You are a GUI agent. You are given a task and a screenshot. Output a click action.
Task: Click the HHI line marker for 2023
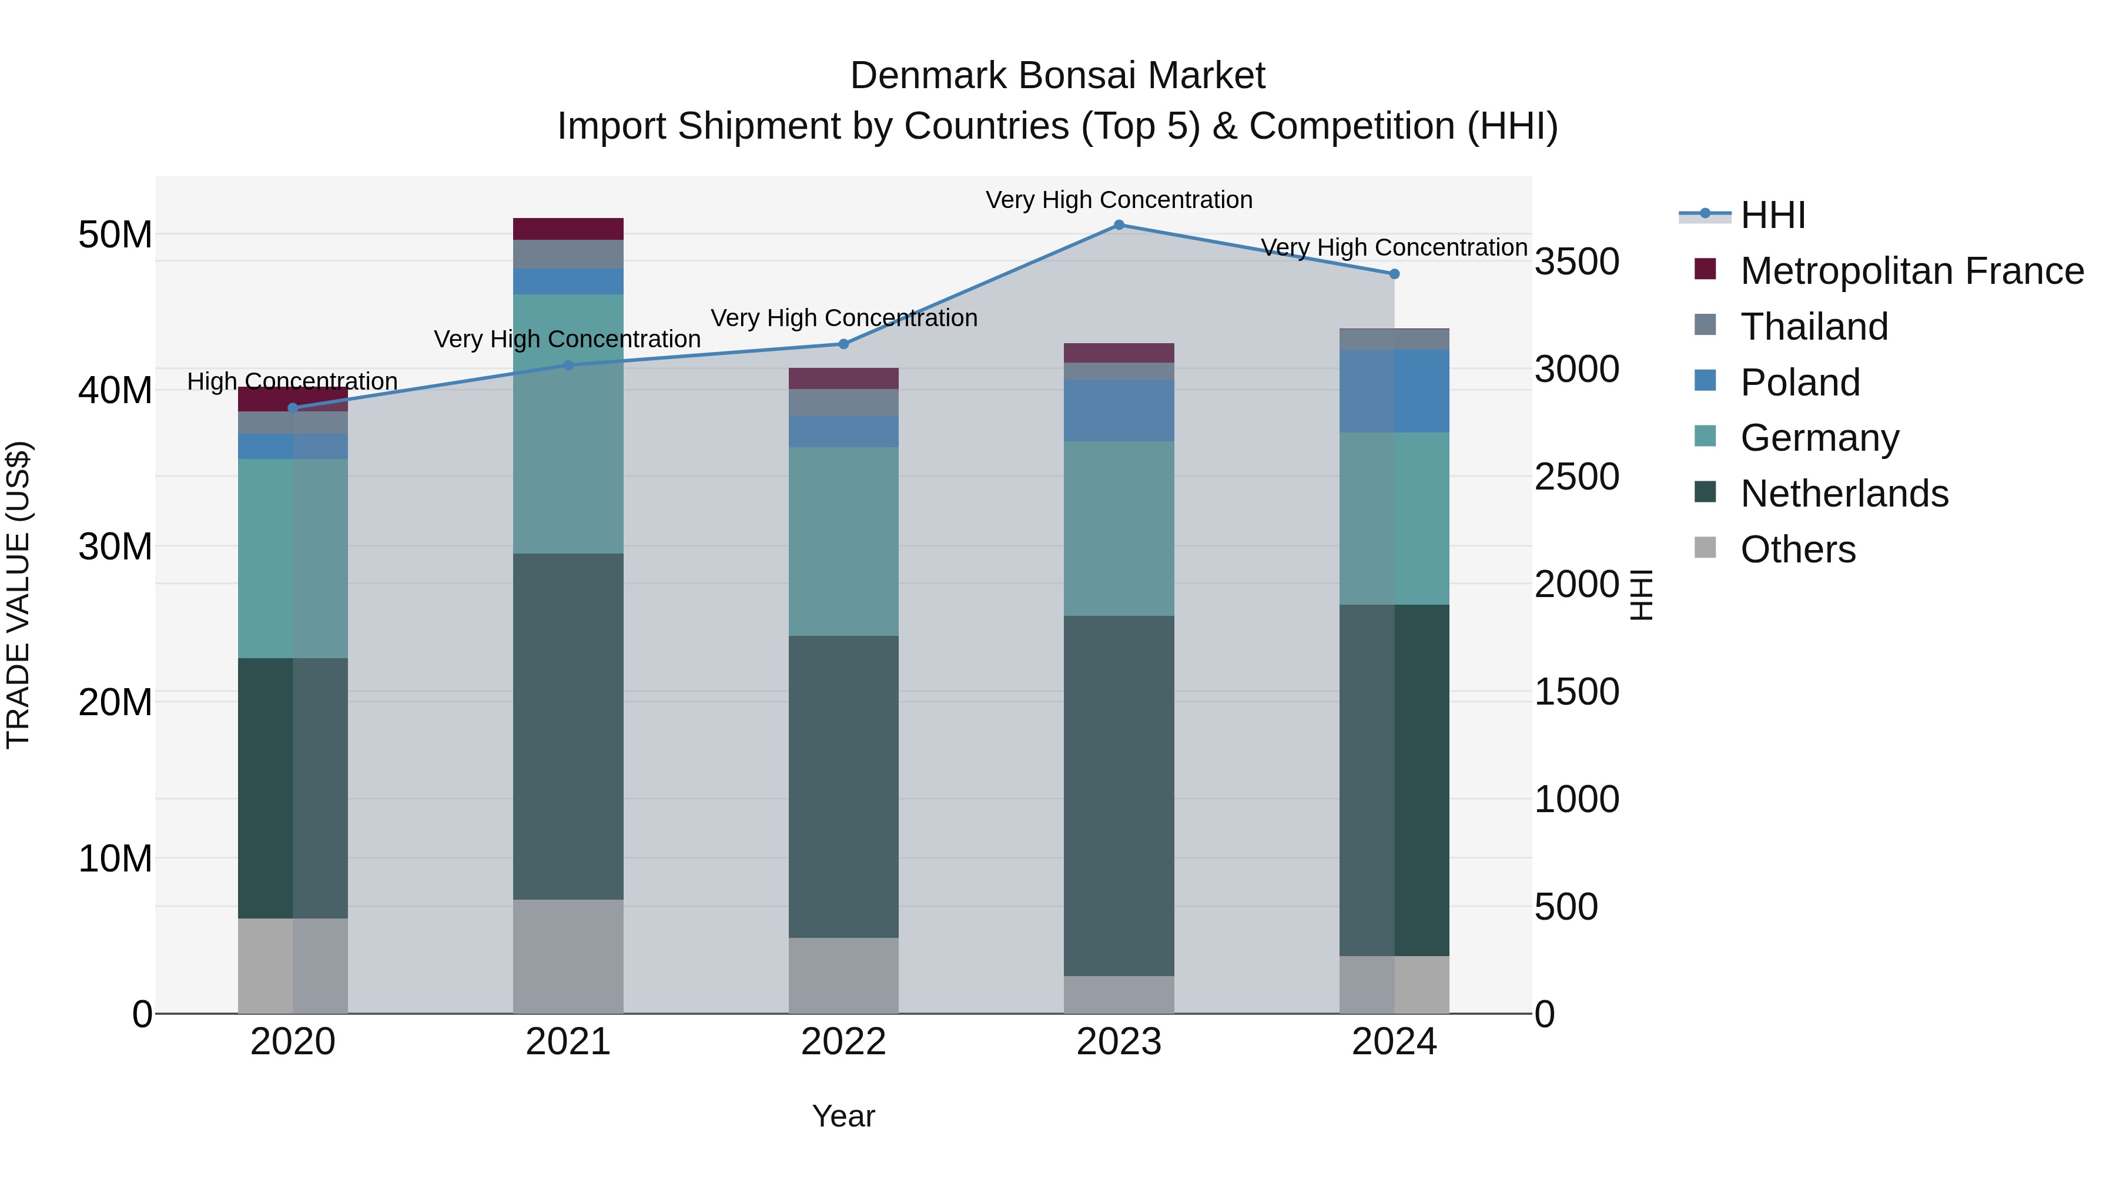(1119, 225)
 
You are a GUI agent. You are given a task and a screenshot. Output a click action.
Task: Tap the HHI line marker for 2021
(568, 366)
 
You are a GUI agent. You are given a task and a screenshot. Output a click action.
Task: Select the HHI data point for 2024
(1394, 274)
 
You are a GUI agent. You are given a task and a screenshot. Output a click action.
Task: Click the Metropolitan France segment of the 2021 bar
(568, 229)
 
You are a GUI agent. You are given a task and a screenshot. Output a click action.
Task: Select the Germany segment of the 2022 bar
(843, 541)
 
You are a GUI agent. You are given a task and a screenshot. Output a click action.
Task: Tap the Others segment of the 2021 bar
(568, 956)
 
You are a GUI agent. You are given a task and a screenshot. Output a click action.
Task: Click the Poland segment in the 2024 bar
(1394, 391)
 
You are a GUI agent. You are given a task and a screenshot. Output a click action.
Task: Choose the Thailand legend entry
(1814, 327)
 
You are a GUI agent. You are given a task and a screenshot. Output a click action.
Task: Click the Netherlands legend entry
(1844, 494)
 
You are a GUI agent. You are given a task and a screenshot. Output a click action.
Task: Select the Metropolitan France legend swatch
(1705, 269)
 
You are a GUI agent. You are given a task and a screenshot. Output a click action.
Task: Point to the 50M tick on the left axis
(115, 235)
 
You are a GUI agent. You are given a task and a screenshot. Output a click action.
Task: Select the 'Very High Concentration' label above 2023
(1119, 200)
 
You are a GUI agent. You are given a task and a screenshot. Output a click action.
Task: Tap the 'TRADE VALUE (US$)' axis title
(18, 595)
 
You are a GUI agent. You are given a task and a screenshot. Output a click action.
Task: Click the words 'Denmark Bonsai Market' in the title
(1057, 76)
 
